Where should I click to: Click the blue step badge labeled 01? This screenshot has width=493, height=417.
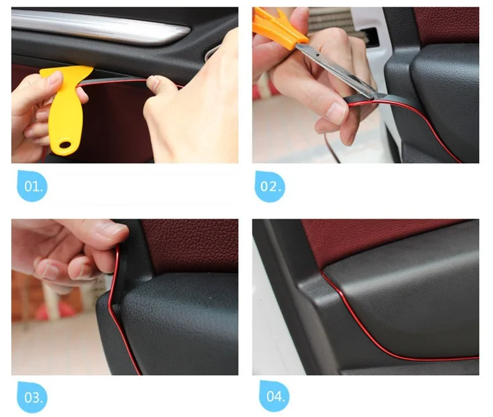click(32, 186)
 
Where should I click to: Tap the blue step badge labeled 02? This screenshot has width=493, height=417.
click(270, 187)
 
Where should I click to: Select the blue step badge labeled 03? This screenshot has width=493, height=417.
click(32, 397)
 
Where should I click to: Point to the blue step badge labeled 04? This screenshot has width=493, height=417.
click(274, 396)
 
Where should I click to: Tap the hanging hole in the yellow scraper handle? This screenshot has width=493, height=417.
click(65, 144)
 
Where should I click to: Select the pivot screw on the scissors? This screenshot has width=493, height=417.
click(318, 55)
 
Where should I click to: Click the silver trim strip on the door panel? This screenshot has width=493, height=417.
click(101, 27)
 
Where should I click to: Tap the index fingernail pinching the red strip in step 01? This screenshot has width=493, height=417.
click(153, 83)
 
